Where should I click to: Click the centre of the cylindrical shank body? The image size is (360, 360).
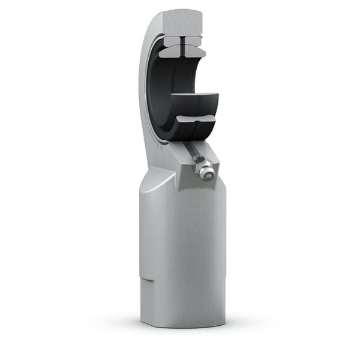[183, 252]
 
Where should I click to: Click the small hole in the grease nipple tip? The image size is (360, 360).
[208, 175]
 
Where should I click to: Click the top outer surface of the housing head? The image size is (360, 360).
[180, 13]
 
